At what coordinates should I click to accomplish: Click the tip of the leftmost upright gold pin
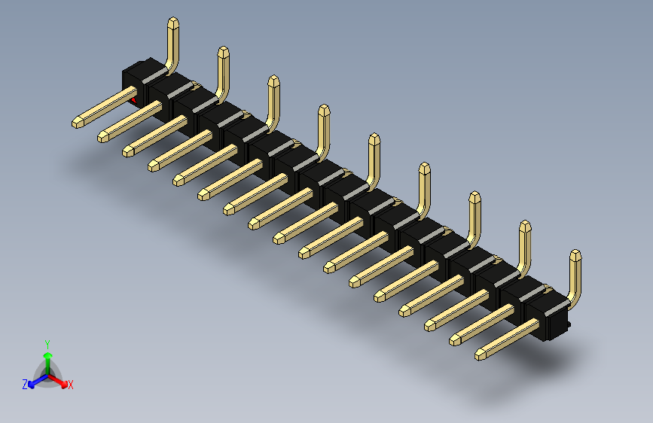(x=172, y=23)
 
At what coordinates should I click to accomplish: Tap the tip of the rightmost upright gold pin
(x=575, y=254)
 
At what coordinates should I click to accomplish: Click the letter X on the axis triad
(x=71, y=385)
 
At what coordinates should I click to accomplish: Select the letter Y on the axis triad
(x=47, y=342)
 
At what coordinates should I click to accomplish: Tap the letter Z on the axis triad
(x=25, y=384)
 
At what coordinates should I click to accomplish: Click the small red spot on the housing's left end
(x=134, y=99)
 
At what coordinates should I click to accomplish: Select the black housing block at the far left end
(x=136, y=78)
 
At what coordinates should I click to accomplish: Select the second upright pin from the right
(x=524, y=248)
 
